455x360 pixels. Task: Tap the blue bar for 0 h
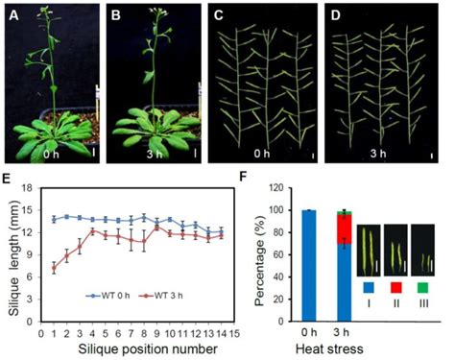pos(308,265)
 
